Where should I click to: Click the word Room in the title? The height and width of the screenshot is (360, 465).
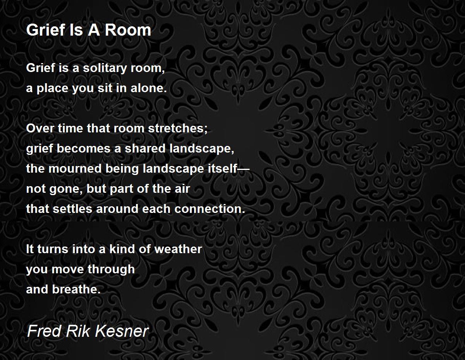128,30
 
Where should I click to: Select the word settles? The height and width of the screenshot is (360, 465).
72,209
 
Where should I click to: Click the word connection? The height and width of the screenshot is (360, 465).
208,209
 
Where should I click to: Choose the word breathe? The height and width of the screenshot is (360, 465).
75,289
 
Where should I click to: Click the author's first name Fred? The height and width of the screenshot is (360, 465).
45,331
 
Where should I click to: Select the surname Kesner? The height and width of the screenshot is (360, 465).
122,331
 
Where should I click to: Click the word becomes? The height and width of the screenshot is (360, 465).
84,148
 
